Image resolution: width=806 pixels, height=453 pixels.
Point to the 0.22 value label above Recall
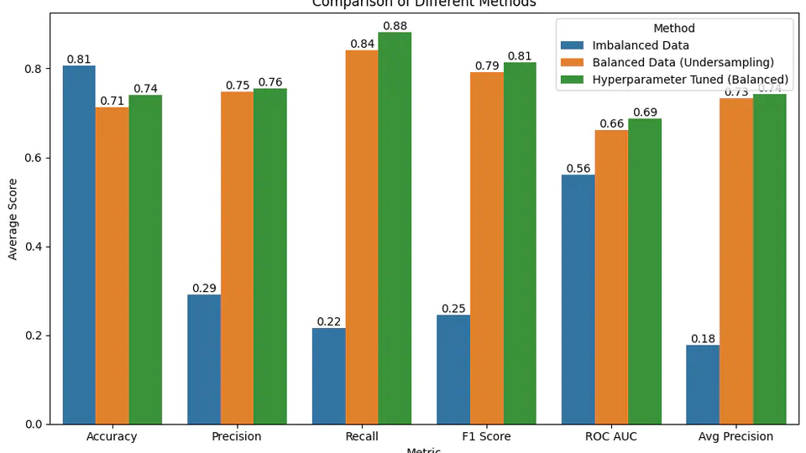coord(328,322)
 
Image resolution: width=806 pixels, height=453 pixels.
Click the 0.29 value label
coord(204,289)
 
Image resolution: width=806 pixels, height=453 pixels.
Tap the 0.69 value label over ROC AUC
coord(645,112)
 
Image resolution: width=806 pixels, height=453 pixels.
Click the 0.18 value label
coord(703,339)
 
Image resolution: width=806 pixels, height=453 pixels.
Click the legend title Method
coord(674,29)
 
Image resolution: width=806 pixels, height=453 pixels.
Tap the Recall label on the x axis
coord(361,437)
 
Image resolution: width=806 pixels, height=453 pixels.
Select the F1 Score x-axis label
coord(486,437)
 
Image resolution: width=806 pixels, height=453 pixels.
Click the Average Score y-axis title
coord(13,218)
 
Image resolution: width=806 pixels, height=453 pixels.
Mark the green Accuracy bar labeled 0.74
coord(145,259)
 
